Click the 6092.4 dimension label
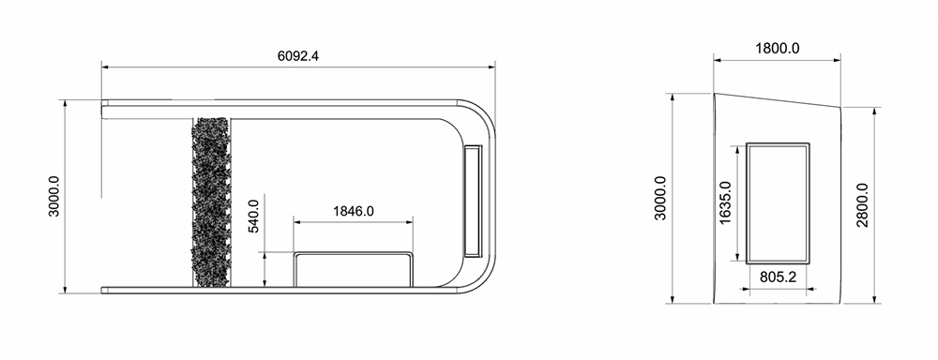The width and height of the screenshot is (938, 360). (298, 55)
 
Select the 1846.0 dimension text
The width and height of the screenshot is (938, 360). (353, 211)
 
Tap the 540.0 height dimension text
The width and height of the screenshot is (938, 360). (253, 216)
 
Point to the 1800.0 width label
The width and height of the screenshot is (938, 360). (777, 48)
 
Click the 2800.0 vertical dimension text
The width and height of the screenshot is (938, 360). (862, 205)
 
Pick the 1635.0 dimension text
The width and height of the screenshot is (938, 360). (725, 202)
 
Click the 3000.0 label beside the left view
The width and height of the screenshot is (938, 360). (53, 196)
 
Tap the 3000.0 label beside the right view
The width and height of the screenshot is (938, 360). (659, 198)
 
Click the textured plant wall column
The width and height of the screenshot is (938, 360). (210, 202)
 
